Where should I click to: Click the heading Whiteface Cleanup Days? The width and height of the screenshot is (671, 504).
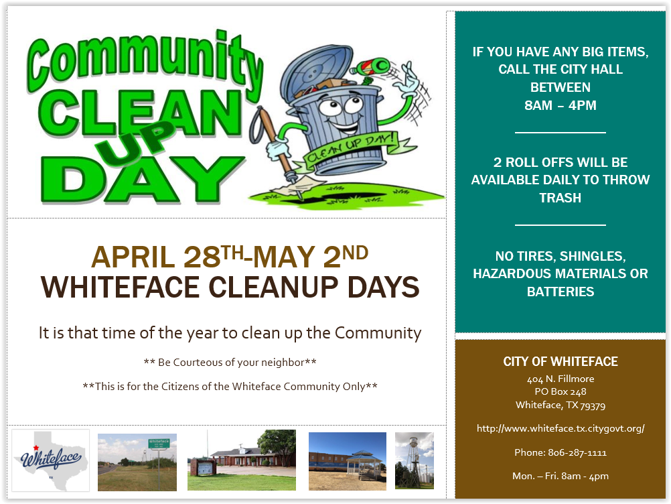tap(230, 287)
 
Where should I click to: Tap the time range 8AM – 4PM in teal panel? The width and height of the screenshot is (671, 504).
tap(560, 105)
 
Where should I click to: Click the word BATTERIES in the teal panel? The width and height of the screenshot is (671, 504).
tap(560, 292)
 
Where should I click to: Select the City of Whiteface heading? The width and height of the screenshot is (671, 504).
tap(560, 361)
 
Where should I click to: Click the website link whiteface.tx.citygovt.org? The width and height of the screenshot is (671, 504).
tap(561, 428)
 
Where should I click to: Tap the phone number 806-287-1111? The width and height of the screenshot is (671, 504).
tap(577, 452)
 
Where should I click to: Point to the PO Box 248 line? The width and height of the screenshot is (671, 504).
tap(560, 391)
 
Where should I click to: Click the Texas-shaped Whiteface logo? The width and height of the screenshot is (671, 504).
tap(50, 460)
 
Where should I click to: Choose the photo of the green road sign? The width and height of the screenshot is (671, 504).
tap(137, 462)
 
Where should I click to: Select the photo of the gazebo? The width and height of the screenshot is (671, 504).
tap(347, 461)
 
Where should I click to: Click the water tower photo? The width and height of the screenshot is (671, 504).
tap(415, 460)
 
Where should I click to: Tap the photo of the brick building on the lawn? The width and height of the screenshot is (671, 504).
tap(241, 460)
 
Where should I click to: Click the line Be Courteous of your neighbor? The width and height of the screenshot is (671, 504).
tap(230, 363)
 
